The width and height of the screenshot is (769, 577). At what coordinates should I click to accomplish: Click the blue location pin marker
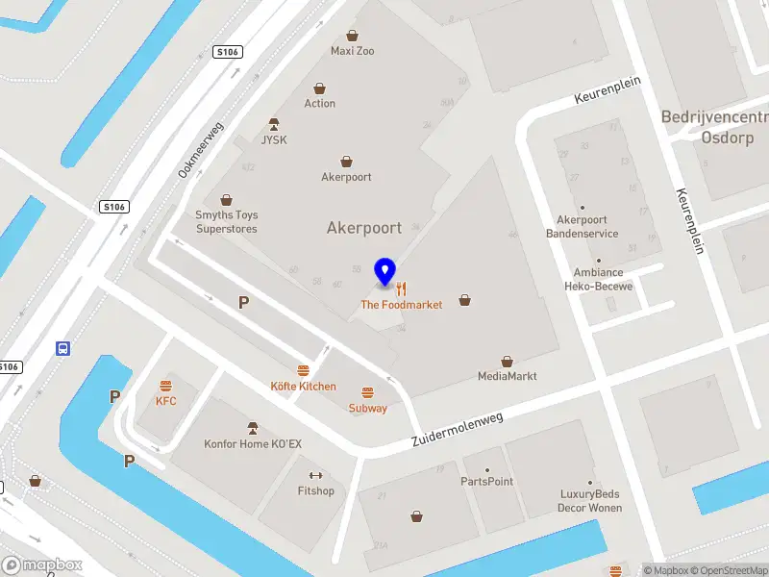[385, 272]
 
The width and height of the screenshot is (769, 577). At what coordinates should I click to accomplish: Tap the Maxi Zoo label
[352, 50]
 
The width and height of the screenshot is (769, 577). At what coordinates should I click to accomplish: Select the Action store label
[320, 103]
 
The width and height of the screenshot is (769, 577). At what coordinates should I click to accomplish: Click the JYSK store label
[274, 139]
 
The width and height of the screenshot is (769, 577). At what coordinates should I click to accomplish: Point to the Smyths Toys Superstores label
[227, 222]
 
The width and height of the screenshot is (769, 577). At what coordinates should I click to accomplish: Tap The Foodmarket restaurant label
[401, 304]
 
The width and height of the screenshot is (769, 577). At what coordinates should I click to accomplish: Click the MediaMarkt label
[507, 376]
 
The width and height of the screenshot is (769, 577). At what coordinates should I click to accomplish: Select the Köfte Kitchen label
[303, 386]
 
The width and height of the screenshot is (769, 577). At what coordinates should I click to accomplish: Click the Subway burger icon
[367, 392]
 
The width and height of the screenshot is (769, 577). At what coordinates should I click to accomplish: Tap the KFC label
[166, 401]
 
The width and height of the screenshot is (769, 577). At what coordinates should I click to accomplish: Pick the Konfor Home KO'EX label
[253, 443]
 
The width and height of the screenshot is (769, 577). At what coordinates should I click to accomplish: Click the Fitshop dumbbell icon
[315, 476]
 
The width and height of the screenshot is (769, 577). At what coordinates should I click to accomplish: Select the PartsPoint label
[486, 481]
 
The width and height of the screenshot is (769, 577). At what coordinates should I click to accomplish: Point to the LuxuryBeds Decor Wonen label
[591, 501]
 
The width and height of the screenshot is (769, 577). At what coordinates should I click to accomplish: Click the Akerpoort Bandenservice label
[582, 227]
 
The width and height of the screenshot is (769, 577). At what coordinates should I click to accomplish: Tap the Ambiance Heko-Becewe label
[598, 279]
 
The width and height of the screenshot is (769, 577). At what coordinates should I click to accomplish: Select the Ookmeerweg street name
[200, 150]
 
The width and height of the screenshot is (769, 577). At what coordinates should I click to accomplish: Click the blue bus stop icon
[63, 348]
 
